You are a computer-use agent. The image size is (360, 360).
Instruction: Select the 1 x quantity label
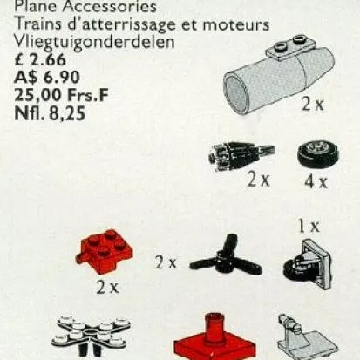point(308,226)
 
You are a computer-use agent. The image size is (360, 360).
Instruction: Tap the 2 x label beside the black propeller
point(166,261)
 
